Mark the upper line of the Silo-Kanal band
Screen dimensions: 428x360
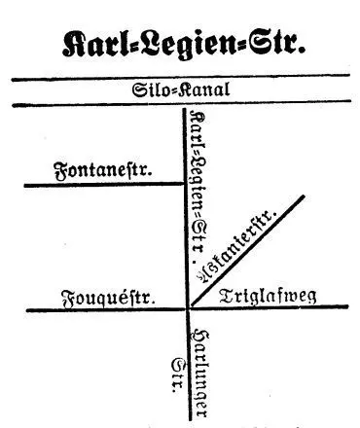(x=180, y=80)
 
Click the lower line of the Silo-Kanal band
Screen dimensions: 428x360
(x=180, y=105)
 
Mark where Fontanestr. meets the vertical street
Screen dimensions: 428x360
(x=184, y=183)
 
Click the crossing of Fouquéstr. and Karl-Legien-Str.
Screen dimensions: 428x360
(x=186, y=309)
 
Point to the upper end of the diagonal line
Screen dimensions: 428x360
(x=304, y=196)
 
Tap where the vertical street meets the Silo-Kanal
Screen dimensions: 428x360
(x=184, y=106)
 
